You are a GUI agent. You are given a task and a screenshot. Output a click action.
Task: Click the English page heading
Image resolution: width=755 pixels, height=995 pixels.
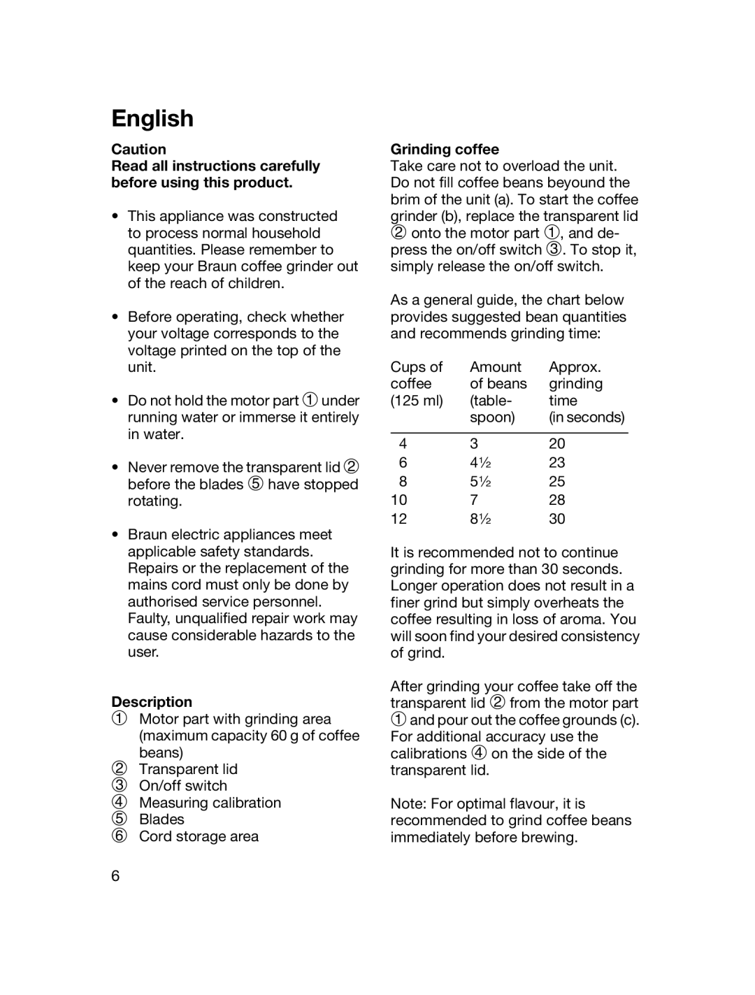tap(152, 118)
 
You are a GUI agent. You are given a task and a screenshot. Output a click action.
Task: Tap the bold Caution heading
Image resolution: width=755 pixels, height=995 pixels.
tap(138, 149)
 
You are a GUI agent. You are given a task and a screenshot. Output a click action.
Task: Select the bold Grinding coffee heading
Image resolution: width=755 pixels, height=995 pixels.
tap(445, 149)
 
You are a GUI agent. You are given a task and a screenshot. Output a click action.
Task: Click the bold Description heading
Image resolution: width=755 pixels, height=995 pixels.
tap(152, 702)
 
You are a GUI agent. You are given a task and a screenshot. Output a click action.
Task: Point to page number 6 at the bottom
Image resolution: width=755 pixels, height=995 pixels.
tap(115, 876)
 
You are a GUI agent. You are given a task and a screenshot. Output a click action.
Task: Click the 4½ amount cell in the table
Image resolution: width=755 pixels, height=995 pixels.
tap(480, 462)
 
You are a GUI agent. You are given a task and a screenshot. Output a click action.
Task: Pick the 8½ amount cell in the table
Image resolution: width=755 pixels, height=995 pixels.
tap(480, 519)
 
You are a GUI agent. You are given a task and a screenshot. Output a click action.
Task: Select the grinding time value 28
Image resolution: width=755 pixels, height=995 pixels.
tap(557, 500)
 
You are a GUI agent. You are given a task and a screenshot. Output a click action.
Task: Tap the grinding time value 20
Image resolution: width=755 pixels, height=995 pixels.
tap(557, 443)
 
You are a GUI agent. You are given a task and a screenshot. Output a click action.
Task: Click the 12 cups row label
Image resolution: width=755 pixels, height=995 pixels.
tap(398, 519)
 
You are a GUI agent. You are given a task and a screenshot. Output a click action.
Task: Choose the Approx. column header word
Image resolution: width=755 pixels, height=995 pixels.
tap(575, 367)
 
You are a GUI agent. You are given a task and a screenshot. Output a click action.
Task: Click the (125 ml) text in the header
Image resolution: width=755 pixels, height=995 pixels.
tap(417, 401)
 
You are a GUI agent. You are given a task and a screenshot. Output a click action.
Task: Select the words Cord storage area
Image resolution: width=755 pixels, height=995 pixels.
tap(199, 836)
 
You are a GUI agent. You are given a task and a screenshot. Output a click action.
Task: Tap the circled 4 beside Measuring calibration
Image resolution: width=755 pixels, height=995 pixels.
tap(120, 803)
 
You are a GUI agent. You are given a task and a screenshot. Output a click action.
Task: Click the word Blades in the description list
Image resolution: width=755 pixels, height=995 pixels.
tap(161, 819)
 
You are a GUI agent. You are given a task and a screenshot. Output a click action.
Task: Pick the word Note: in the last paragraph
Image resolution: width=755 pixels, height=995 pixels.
tap(408, 803)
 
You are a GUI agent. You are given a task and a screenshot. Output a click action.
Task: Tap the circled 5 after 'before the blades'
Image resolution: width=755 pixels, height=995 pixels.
tap(255, 484)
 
